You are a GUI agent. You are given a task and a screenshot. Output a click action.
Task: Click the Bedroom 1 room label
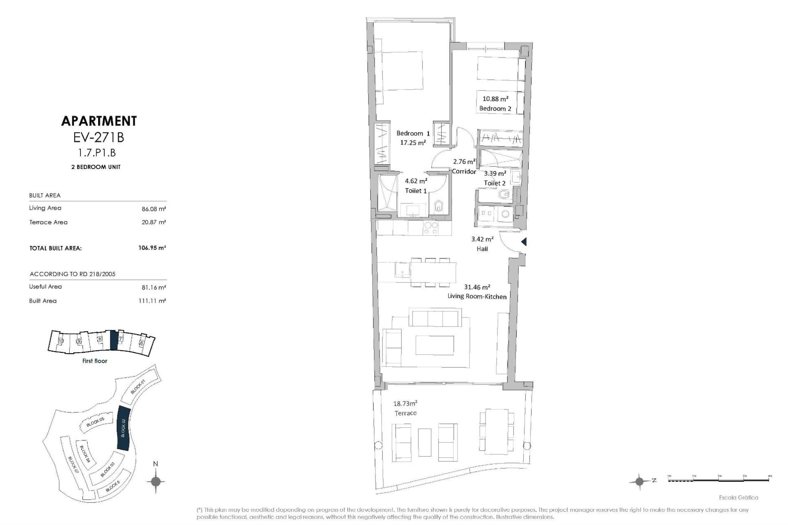(x=413, y=133)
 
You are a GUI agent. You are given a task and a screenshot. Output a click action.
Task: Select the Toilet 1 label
(x=416, y=191)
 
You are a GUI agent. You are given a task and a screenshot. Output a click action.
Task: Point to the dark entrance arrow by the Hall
(x=524, y=242)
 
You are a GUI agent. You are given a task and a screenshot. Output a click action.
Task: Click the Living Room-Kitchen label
(x=477, y=297)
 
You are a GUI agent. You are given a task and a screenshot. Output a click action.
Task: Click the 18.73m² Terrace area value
(x=405, y=404)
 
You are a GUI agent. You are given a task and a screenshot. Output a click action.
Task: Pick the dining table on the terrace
(x=497, y=431)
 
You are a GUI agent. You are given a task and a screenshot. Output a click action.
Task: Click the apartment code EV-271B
(x=98, y=137)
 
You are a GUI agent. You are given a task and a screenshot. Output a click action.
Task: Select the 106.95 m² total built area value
(x=152, y=248)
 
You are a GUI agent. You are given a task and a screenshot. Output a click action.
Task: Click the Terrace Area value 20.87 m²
(x=153, y=222)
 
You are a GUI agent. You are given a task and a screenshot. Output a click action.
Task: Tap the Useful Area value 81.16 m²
(x=153, y=287)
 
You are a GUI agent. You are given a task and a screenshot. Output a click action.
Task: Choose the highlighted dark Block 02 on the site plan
(x=124, y=428)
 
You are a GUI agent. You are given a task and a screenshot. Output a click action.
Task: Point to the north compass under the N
(x=156, y=481)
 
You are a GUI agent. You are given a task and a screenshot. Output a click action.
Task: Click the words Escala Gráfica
(x=738, y=498)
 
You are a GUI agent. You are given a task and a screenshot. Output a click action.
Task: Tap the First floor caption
(x=95, y=361)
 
